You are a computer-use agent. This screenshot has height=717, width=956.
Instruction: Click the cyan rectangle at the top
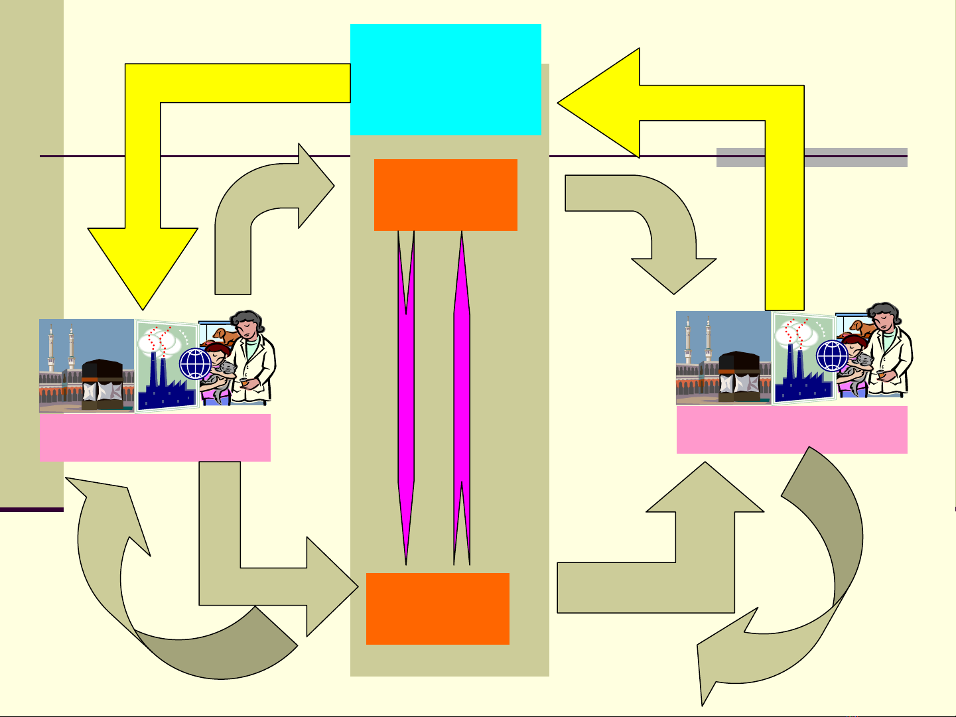click(x=445, y=79)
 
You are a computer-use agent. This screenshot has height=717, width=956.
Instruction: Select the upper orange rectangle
click(x=445, y=194)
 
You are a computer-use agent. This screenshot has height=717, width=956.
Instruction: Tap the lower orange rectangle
click(x=437, y=608)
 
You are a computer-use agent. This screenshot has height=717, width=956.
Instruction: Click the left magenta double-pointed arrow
click(x=406, y=398)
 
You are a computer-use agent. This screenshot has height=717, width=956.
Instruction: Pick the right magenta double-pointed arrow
click(x=462, y=398)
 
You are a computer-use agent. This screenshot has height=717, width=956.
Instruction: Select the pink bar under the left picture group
click(x=155, y=437)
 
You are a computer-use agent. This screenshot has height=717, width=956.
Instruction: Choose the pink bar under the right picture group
click(x=791, y=429)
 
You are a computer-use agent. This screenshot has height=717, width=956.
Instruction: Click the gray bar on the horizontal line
click(x=811, y=157)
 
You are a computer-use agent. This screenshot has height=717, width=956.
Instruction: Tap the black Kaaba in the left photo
click(x=102, y=382)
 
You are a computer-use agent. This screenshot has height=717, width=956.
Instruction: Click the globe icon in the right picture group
click(x=832, y=356)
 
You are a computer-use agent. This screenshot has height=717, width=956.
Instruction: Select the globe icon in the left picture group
click(x=195, y=364)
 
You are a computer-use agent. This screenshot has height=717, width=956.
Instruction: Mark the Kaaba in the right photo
click(x=738, y=375)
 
